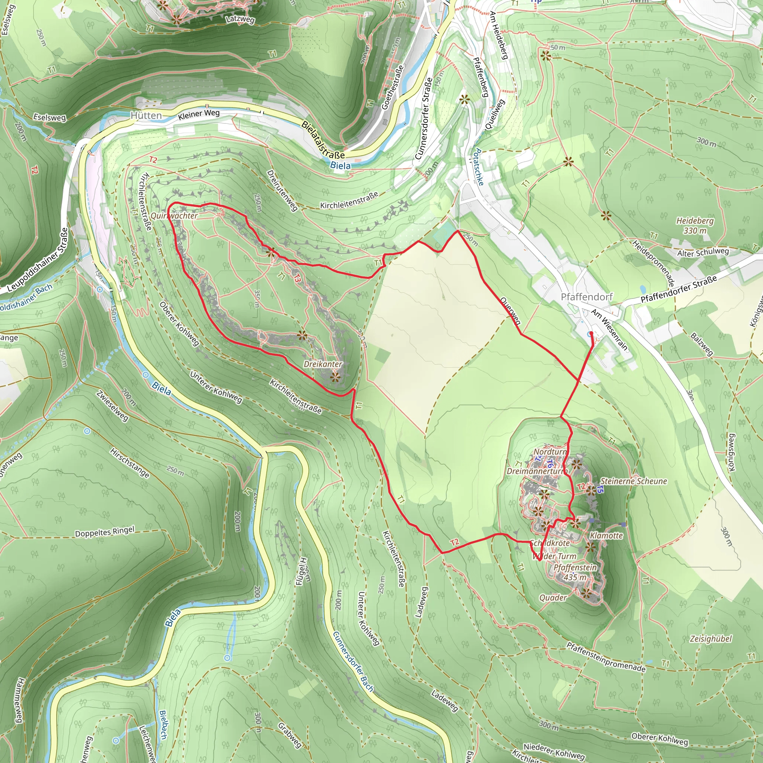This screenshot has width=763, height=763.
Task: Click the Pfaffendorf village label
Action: tap(586, 297)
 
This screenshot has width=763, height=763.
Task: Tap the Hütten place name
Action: tap(146, 116)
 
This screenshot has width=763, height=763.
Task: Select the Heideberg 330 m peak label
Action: tap(695, 225)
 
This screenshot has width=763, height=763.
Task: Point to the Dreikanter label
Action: tap(323, 364)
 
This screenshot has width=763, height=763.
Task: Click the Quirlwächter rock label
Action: tap(174, 216)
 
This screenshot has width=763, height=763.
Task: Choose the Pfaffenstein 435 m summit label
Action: tap(575, 572)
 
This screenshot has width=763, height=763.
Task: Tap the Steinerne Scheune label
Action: tap(633, 481)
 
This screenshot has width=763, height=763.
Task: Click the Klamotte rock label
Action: tap(606, 536)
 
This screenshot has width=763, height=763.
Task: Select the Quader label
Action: tap(553, 598)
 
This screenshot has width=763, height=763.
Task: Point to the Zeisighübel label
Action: tap(711, 639)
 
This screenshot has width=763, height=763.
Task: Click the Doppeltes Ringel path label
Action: tap(105, 532)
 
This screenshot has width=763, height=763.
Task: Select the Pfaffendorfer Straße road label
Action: tap(678, 289)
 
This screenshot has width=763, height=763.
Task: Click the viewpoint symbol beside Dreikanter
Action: tap(335, 377)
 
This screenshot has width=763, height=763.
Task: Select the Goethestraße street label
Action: tap(392, 87)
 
